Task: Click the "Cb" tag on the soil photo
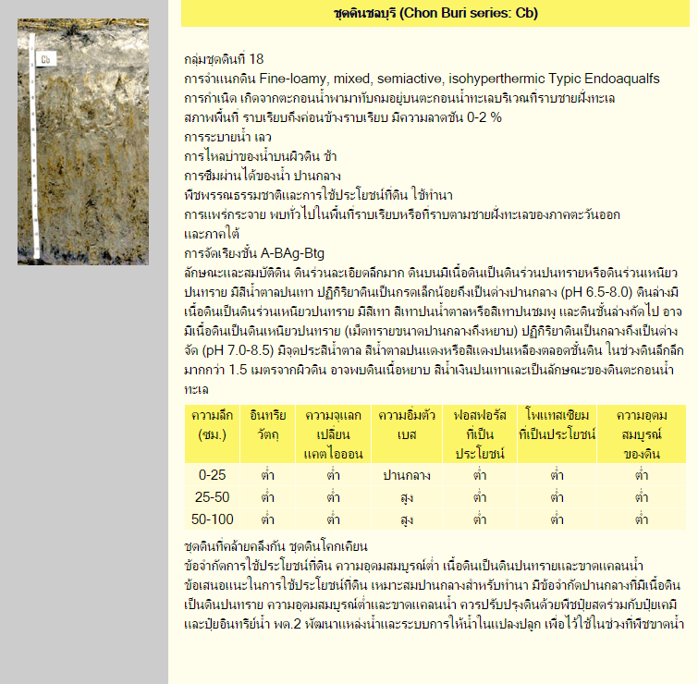(x=46, y=61)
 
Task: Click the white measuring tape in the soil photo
(x=34, y=148)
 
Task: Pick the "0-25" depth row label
(x=212, y=475)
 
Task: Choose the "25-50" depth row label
(x=212, y=496)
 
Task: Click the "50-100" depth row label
(x=212, y=518)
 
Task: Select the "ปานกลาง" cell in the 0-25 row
(x=406, y=475)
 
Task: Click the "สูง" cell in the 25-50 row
(x=406, y=496)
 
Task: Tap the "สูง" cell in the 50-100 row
(x=406, y=518)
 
